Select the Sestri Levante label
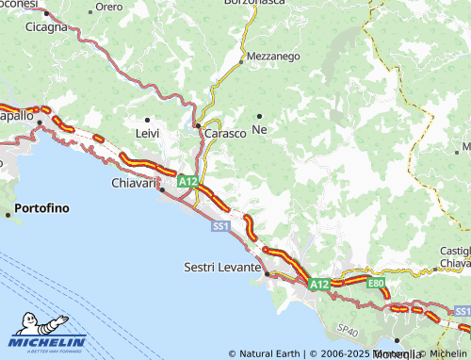[x=221, y=268]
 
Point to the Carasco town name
[x=226, y=134]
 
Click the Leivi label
[x=148, y=134]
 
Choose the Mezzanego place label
[x=274, y=57]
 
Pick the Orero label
[x=109, y=7]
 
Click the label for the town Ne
[x=259, y=129]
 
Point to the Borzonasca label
[x=254, y=3]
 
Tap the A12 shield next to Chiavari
[x=187, y=181]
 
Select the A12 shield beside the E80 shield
[x=319, y=284]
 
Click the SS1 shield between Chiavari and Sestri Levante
[x=220, y=227]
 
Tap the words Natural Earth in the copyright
[x=268, y=353]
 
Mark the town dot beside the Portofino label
[x=8, y=215]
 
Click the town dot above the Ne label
[x=259, y=116]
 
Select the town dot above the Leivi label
[x=148, y=120]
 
